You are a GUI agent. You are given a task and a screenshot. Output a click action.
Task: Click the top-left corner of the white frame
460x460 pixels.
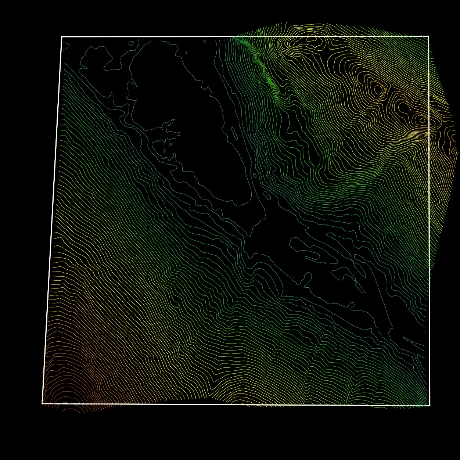pos(62,37)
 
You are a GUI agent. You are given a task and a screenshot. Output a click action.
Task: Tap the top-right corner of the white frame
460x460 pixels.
pos(428,36)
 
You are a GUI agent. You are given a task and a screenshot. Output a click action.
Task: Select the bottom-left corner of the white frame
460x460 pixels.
pos(43,403)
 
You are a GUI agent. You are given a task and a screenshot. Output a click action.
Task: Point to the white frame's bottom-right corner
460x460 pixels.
pos(430,406)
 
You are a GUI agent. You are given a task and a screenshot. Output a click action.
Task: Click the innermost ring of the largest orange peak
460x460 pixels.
pos(378,89)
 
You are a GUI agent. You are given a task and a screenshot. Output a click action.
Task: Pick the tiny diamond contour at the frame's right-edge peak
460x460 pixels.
pos(423,120)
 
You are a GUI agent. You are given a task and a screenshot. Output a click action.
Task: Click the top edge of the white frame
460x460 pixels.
pos(220,37)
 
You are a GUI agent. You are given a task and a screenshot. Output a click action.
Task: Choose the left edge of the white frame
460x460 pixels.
pos(52,220)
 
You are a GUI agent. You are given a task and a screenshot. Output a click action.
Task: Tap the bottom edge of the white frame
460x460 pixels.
pos(235,405)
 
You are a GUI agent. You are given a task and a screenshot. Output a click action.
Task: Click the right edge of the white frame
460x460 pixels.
pos(429,220)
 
